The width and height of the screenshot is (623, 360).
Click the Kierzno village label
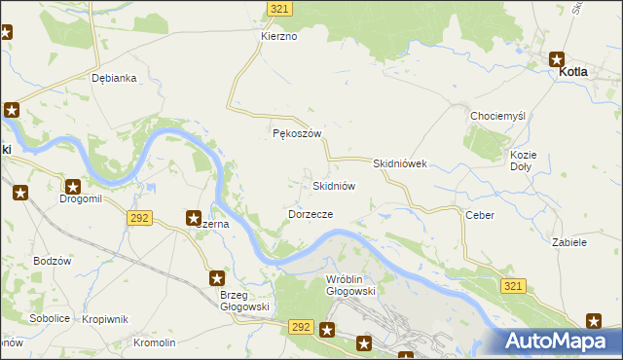tap(278, 36)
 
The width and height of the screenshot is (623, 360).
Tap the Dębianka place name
tap(113, 78)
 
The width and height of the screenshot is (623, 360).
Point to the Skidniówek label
tap(400, 164)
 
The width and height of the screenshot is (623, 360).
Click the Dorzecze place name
tap(311, 213)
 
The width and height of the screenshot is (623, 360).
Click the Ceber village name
tap(480, 215)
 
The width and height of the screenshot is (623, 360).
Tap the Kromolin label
tap(155, 342)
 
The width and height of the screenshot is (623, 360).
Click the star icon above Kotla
tap(558, 58)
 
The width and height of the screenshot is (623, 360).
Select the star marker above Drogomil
tap(73, 186)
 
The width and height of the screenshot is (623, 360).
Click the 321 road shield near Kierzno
tap(279, 8)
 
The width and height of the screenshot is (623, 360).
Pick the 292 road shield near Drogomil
tap(138, 218)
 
